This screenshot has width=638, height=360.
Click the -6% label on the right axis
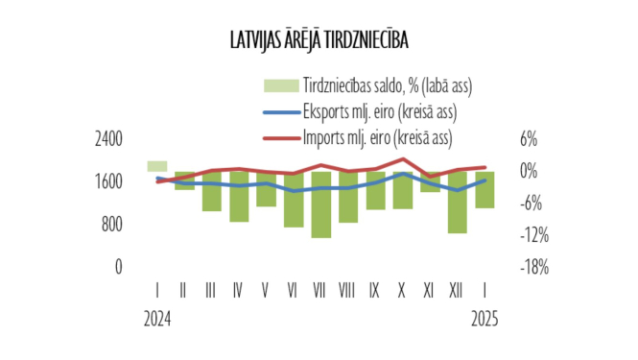[x=531, y=204]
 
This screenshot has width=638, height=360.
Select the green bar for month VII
[x=321, y=204]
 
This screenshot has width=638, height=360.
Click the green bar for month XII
[x=458, y=203]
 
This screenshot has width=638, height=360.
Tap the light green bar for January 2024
[x=157, y=166]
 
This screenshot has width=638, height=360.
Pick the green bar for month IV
[x=239, y=197]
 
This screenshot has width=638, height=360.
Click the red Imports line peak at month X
[x=403, y=159]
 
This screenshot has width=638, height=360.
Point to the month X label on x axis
[x=403, y=288]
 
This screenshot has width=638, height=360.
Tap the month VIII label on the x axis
[x=348, y=288]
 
